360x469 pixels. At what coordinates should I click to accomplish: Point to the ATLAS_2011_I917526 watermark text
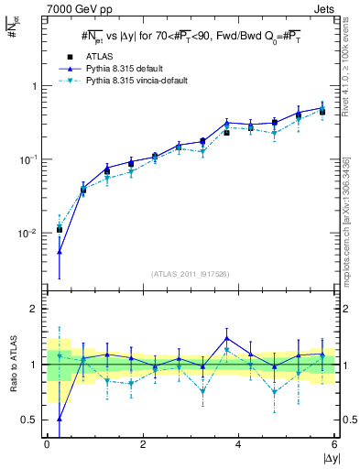tap(190, 274)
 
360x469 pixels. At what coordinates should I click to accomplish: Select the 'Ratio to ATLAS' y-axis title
tap(13, 364)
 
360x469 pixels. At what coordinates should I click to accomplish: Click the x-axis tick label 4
tap(238, 443)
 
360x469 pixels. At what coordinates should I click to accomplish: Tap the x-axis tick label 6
tap(334, 443)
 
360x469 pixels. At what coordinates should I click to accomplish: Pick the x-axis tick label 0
tap(47, 443)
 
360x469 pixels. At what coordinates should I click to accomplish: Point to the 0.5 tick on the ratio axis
tap(31, 420)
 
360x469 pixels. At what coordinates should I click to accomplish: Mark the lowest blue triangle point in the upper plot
tap(59, 251)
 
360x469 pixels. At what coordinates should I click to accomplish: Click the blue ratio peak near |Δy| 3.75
tap(226, 338)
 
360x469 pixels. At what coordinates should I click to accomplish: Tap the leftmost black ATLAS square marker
tap(59, 230)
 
